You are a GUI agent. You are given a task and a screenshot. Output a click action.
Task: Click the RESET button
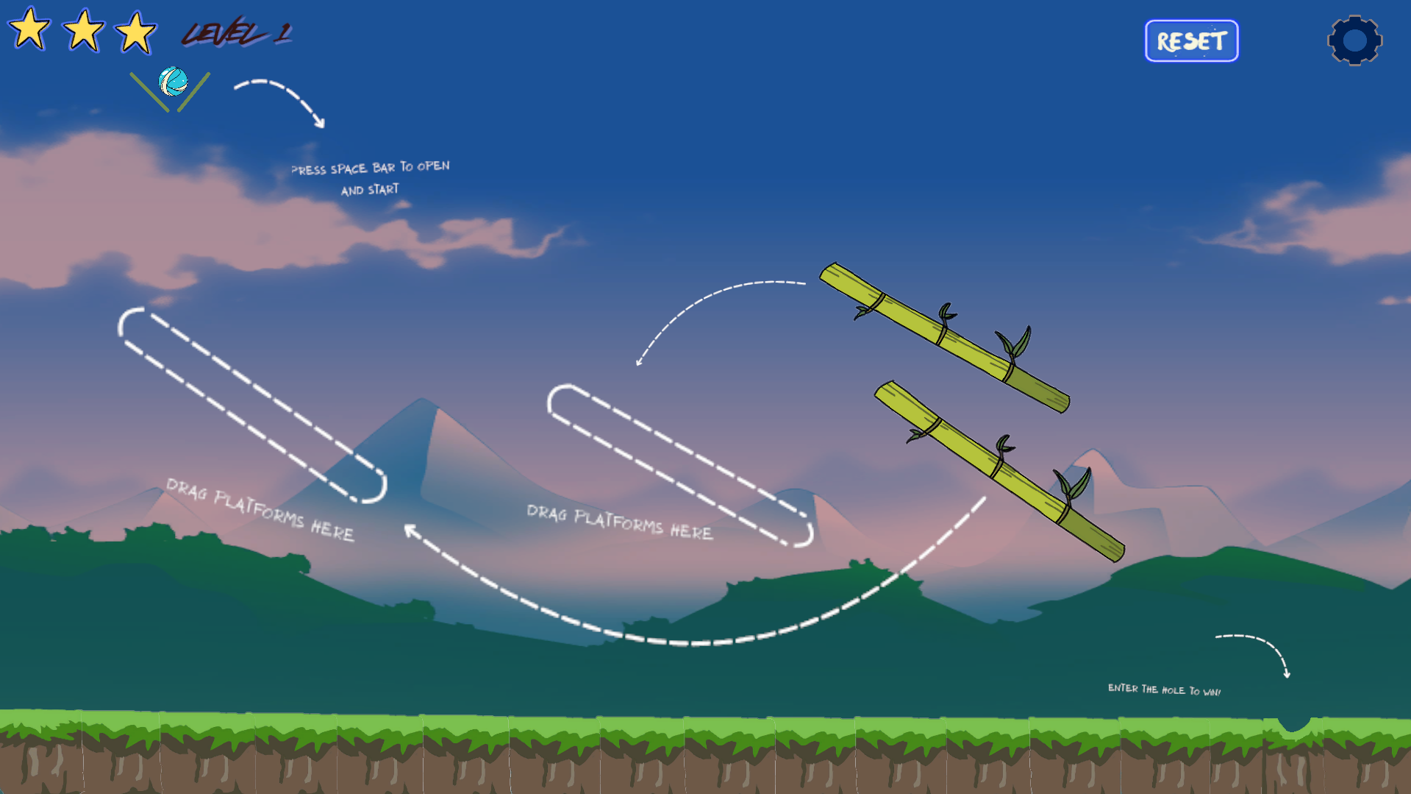1191,41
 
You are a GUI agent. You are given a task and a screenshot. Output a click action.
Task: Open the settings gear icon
1354,40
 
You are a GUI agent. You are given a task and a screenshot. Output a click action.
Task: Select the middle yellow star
83,31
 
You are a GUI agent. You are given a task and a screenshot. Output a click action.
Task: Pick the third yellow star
136,32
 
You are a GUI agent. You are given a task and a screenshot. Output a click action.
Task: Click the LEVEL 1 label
237,33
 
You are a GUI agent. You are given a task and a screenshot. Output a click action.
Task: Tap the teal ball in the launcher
174,82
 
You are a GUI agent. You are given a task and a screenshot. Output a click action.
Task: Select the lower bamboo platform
999,471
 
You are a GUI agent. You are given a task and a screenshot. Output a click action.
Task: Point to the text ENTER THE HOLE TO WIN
1164,690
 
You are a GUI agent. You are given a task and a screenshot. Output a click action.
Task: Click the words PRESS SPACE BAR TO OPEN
370,168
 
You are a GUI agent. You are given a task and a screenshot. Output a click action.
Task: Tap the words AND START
370,190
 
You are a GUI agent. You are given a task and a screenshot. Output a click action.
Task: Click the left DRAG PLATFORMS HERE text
260,509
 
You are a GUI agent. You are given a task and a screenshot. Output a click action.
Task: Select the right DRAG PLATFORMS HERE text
619,522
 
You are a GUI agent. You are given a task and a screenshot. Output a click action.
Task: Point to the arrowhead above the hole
1287,673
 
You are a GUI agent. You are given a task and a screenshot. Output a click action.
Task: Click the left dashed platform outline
252,405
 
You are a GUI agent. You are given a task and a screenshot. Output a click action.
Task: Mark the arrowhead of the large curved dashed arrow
410,529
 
